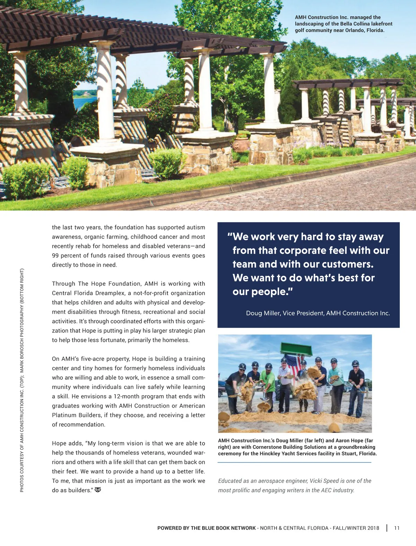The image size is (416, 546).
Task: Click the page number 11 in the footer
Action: tap(397, 528)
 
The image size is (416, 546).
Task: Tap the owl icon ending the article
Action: tap(98, 490)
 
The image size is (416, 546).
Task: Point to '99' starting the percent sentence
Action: tap(55, 255)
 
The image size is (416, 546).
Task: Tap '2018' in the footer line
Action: tap(373, 528)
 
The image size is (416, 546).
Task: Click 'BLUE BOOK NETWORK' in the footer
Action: tap(230, 528)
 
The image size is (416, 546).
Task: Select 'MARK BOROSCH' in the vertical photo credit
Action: tap(22, 350)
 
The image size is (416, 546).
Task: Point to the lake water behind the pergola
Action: tap(84, 102)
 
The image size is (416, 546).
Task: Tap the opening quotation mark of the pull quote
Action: tap(229, 236)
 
